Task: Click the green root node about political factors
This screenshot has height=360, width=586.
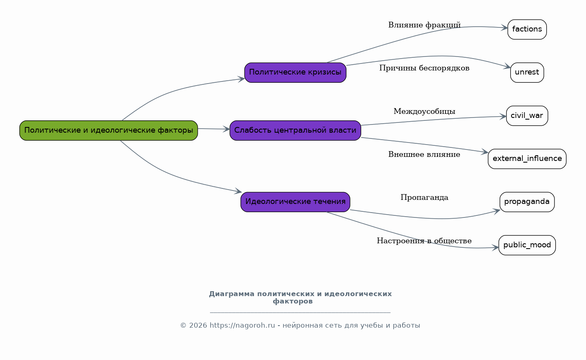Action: point(109,130)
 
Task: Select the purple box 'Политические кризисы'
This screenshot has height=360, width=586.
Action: point(295,72)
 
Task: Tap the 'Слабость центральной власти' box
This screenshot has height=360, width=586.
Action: point(295,130)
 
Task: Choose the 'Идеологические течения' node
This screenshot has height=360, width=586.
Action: point(295,202)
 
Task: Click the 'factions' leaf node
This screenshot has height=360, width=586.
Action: point(527,29)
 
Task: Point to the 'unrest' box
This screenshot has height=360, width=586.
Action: point(527,72)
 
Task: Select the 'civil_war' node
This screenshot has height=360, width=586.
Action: point(527,115)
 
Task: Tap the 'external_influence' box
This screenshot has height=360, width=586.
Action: point(527,159)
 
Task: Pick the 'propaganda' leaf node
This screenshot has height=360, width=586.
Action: point(527,202)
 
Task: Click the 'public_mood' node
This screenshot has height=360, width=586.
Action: point(527,245)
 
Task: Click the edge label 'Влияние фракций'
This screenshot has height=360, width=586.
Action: point(424,25)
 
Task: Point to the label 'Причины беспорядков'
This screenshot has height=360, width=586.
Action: point(424,68)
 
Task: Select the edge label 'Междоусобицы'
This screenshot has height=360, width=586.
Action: point(424,111)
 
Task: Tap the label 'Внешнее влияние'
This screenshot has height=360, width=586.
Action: point(424,154)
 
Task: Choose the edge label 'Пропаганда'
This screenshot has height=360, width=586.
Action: point(424,197)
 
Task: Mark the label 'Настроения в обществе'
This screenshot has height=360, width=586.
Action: point(424,241)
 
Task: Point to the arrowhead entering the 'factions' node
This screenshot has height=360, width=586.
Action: point(504,27)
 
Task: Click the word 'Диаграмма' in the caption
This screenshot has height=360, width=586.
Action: point(231,294)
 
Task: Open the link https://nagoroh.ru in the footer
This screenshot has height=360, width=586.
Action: point(242,326)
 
